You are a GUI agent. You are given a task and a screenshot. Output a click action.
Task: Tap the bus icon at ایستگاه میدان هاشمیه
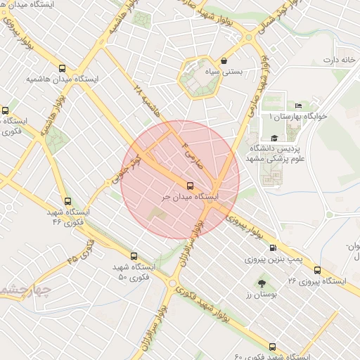click(x=63, y=69)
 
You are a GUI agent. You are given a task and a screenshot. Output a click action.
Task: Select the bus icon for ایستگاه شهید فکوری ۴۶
click(x=67, y=201)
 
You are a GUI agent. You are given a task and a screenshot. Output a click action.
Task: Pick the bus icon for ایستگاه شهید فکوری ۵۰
click(x=134, y=257)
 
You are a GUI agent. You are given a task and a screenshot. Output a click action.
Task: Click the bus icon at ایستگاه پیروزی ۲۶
click(x=317, y=270)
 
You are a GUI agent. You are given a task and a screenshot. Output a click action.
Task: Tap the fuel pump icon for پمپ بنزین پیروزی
click(x=273, y=247)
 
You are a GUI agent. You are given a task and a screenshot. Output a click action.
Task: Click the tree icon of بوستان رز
click(x=262, y=283)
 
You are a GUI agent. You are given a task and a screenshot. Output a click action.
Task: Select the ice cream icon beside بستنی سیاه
click(x=224, y=61)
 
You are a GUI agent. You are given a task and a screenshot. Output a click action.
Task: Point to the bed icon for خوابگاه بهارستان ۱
click(x=299, y=105)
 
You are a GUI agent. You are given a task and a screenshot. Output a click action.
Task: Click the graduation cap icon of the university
click(x=274, y=138)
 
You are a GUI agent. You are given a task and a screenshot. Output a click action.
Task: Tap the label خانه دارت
click(x=336, y=60)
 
